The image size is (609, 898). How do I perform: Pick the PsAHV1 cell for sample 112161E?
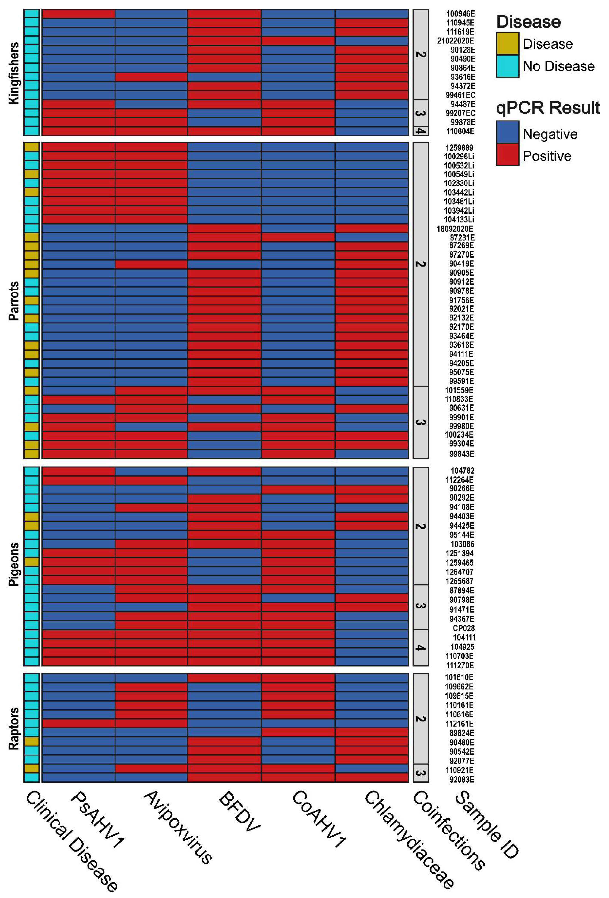(78, 723)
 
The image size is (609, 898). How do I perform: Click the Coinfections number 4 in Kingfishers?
(420, 131)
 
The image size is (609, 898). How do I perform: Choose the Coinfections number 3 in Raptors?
(420, 773)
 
